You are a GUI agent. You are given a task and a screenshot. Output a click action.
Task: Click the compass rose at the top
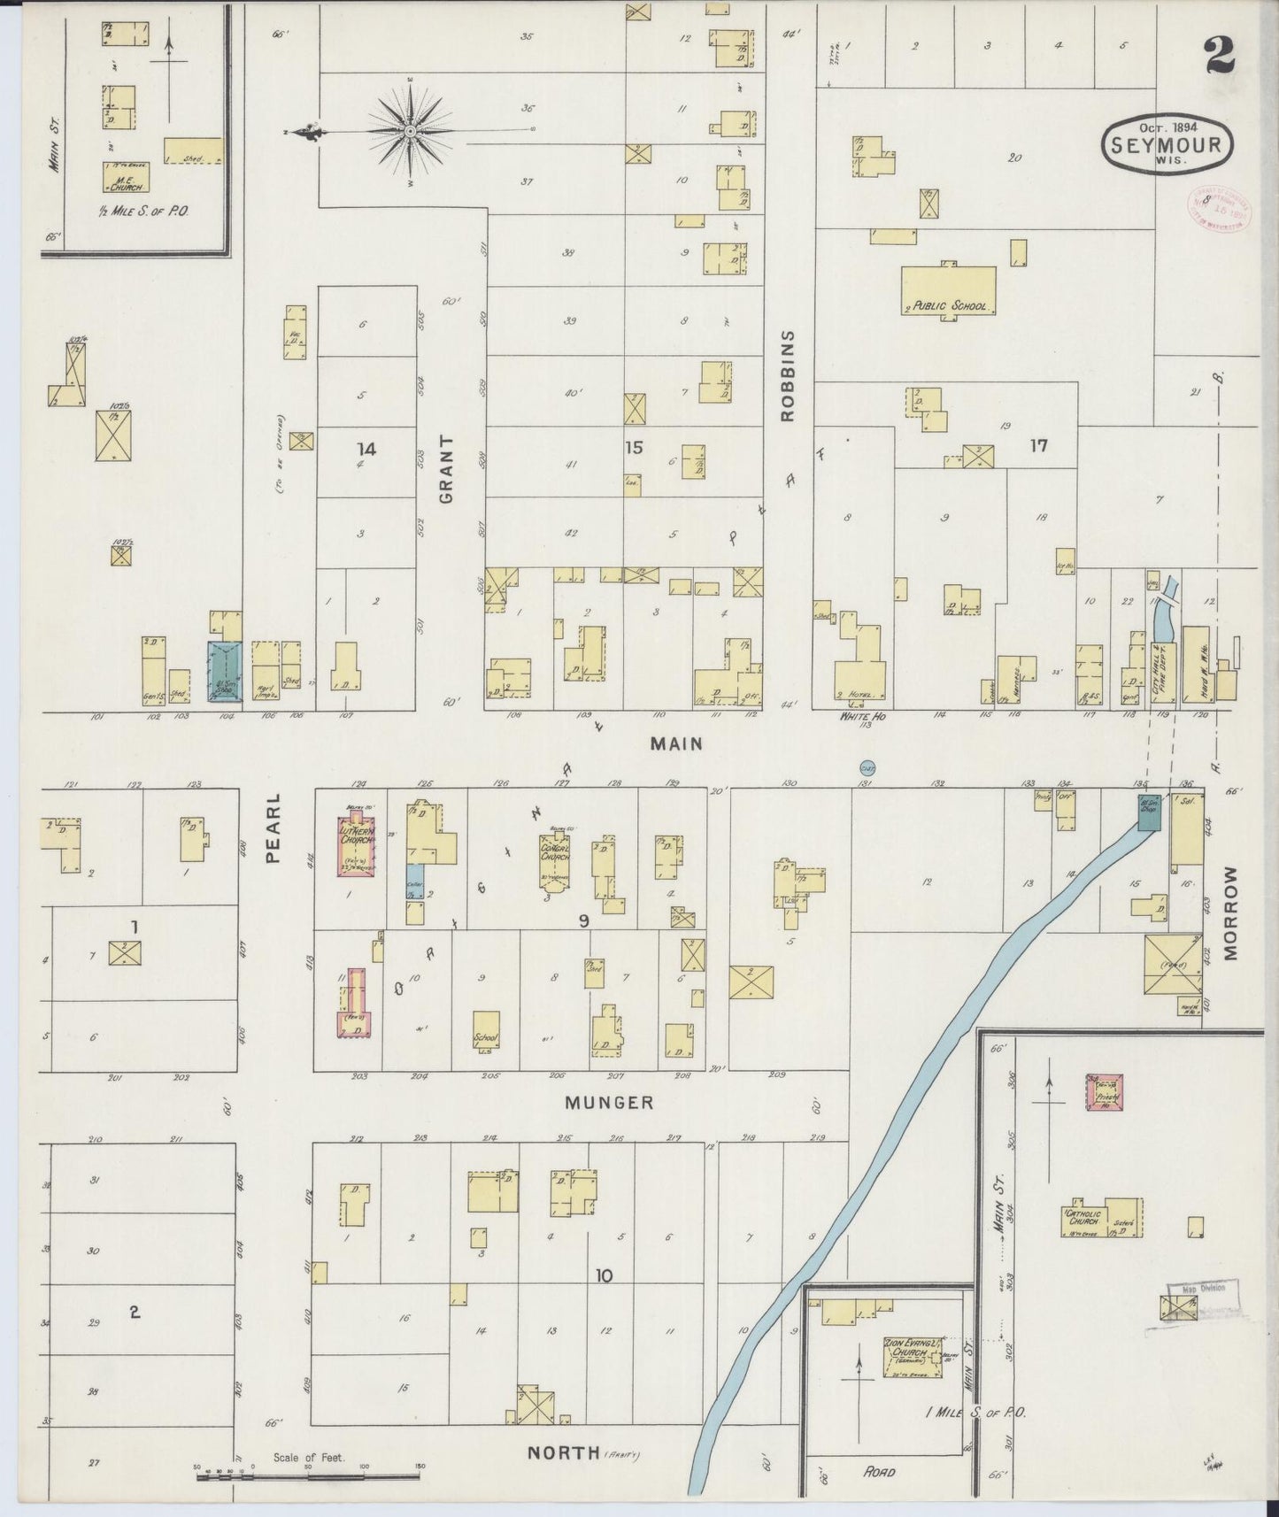(411, 131)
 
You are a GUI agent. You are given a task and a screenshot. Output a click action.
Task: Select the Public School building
(948, 290)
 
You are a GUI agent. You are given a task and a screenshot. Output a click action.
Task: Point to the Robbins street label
(790, 375)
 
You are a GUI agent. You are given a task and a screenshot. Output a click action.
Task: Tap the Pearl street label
(274, 827)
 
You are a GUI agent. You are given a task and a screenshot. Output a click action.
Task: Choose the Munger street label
(610, 1103)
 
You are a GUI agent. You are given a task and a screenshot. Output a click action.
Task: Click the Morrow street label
(1231, 913)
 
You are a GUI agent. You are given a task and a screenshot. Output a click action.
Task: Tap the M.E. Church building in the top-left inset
(125, 177)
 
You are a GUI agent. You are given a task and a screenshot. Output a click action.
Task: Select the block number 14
(366, 450)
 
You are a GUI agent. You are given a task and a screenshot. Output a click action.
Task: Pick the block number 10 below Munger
(604, 1275)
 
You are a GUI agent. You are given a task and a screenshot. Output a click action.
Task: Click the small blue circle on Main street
(867, 766)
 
